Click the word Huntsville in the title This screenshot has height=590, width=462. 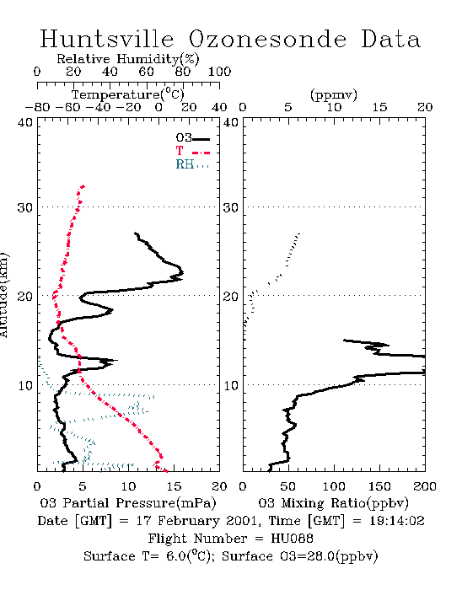(x=107, y=39)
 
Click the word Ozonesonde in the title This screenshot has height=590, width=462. (x=266, y=39)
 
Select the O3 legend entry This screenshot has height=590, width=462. (x=192, y=138)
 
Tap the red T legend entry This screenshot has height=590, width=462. (x=192, y=151)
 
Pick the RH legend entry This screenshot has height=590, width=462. (x=192, y=164)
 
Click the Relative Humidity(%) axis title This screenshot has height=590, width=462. (x=128, y=59)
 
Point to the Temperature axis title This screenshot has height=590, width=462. (x=128, y=94)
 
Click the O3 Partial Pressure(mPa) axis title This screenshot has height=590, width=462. (x=128, y=502)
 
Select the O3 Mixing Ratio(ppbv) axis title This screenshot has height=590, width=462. (x=333, y=502)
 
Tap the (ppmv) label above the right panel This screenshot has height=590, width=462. (x=334, y=94)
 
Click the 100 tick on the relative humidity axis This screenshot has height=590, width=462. (x=219, y=72)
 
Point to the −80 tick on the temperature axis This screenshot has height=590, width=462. (x=37, y=108)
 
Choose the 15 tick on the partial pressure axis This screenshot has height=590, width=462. (x=174, y=486)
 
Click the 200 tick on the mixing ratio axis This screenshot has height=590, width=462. (x=425, y=486)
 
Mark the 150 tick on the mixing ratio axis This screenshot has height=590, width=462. (x=379, y=486)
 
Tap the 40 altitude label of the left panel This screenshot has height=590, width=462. (x=24, y=122)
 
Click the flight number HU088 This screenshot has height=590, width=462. (x=292, y=539)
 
